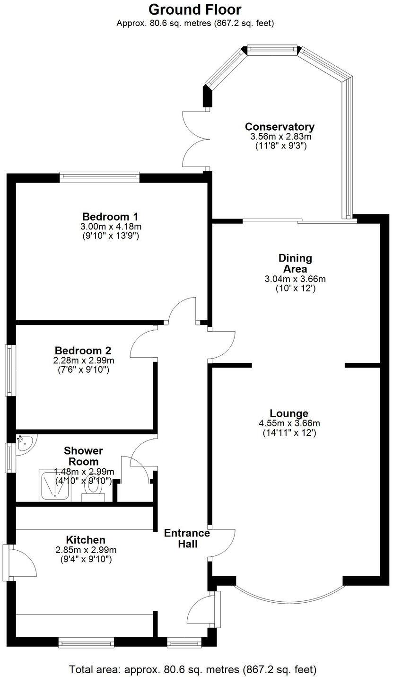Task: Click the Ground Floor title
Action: pyautogui.click(x=195, y=9)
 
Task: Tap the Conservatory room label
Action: pyautogui.click(x=279, y=127)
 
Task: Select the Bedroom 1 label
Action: pyautogui.click(x=110, y=217)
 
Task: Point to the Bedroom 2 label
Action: pyautogui.click(x=83, y=351)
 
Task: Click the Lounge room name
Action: pyautogui.click(x=289, y=413)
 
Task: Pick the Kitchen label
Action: pyautogui.click(x=86, y=540)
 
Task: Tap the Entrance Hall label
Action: pyautogui.click(x=187, y=538)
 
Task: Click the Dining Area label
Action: pyautogui.click(x=295, y=263)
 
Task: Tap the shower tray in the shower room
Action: pyautogui.click(x=55, y=485)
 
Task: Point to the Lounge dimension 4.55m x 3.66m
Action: pyautogui.click(x=289, y=423)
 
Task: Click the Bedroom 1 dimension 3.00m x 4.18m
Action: pyautogui.click(x=110, y=227)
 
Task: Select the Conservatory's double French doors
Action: pyautogui.click(x=195, y=139)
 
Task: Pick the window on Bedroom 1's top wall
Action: pyautogui.click(x=100, y=177)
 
